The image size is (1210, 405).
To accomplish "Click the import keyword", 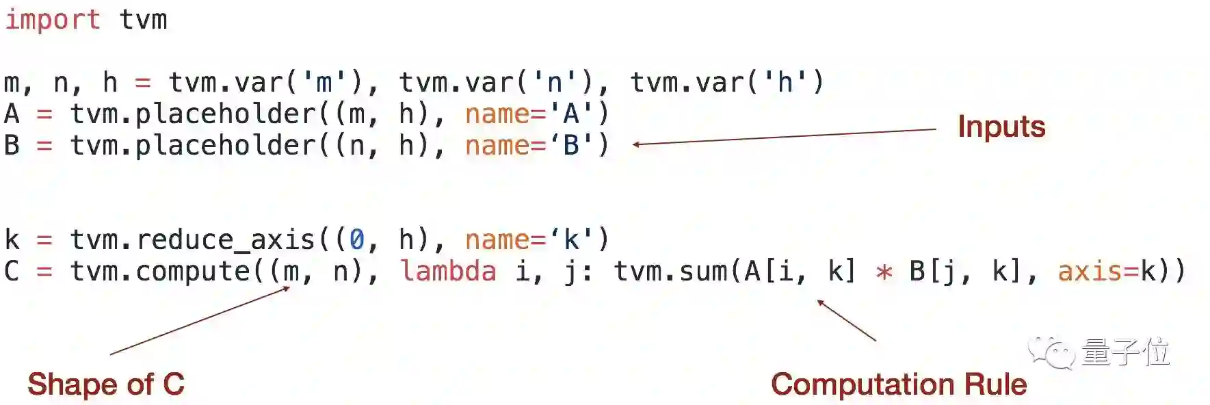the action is (x=52, y=19).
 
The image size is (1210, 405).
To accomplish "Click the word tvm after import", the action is (x=143, y=19).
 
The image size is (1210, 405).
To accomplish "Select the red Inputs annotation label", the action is (x=1001, y=127).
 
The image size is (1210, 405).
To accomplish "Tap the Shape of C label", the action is (x=106, y=384).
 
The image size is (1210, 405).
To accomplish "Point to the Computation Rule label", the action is (x=898, y=384).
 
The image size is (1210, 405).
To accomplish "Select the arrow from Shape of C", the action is (x=200, y=320).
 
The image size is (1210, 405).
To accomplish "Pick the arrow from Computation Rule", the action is (x=846, y=319).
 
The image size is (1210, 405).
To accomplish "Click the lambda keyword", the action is (x=448, y=271).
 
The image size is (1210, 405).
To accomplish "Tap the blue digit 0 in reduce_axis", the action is (x=356, y=239).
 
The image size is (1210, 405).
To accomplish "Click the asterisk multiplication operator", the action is (x=884, y=272).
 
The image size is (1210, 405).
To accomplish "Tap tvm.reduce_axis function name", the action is (x=192, y=239).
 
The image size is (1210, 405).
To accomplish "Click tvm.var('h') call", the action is (x=726, y=82).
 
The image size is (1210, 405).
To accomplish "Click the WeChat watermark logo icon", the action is (x=1051, y=352).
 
